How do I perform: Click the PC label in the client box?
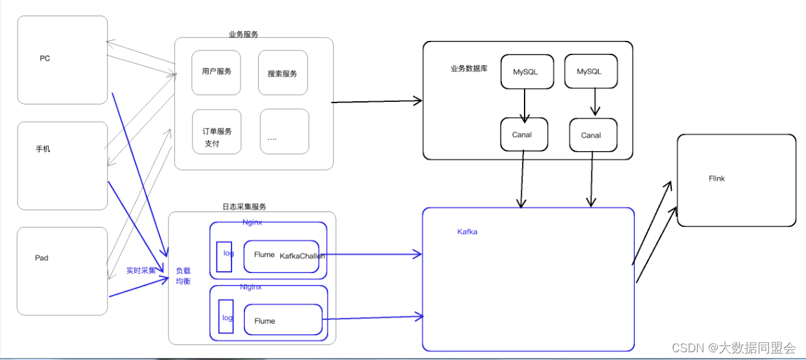[45, 58]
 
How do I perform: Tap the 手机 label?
[43, 149]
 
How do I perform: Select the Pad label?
[41, 258]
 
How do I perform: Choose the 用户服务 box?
[216, 72]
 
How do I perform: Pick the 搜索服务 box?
[282, 73]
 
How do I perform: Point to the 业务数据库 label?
[469, 69]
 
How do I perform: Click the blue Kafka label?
[467, 232]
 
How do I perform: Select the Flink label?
[717, 178]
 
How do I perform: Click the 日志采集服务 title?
[244, 207]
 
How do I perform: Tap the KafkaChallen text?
[302, 256]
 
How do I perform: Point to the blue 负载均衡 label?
[184, 276]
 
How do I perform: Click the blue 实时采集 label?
[141, 270]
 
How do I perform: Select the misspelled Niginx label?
[251, 287]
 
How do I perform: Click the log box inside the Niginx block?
[226, 317]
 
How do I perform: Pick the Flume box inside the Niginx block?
[283, 320]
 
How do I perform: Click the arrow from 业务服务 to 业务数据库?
[376, 102]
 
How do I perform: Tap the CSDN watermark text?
[733, 348]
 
